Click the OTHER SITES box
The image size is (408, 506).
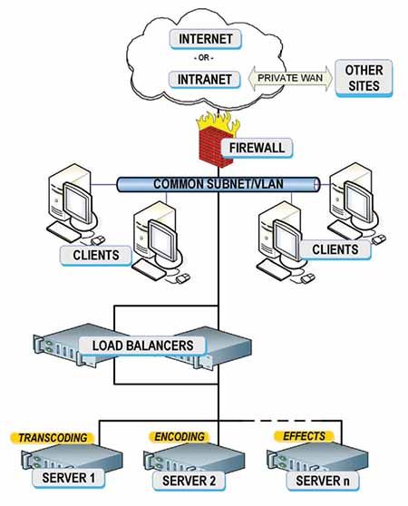click(364, 77)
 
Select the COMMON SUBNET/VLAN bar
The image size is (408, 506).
click(218, 184)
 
